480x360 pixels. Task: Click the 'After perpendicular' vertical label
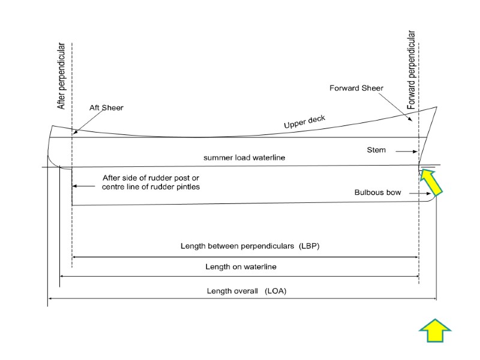point(61,76)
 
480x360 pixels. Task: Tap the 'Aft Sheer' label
point(106,108)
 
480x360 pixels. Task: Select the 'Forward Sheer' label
point(356,88)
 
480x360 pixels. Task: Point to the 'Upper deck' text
point(304,122)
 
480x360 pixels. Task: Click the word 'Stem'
point(376,150)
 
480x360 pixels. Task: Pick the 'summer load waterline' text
point(244,158)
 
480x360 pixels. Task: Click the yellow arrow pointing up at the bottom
point(434,331)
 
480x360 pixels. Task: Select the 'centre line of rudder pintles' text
point(150,187)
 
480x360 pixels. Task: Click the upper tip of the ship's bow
point(437,107)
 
